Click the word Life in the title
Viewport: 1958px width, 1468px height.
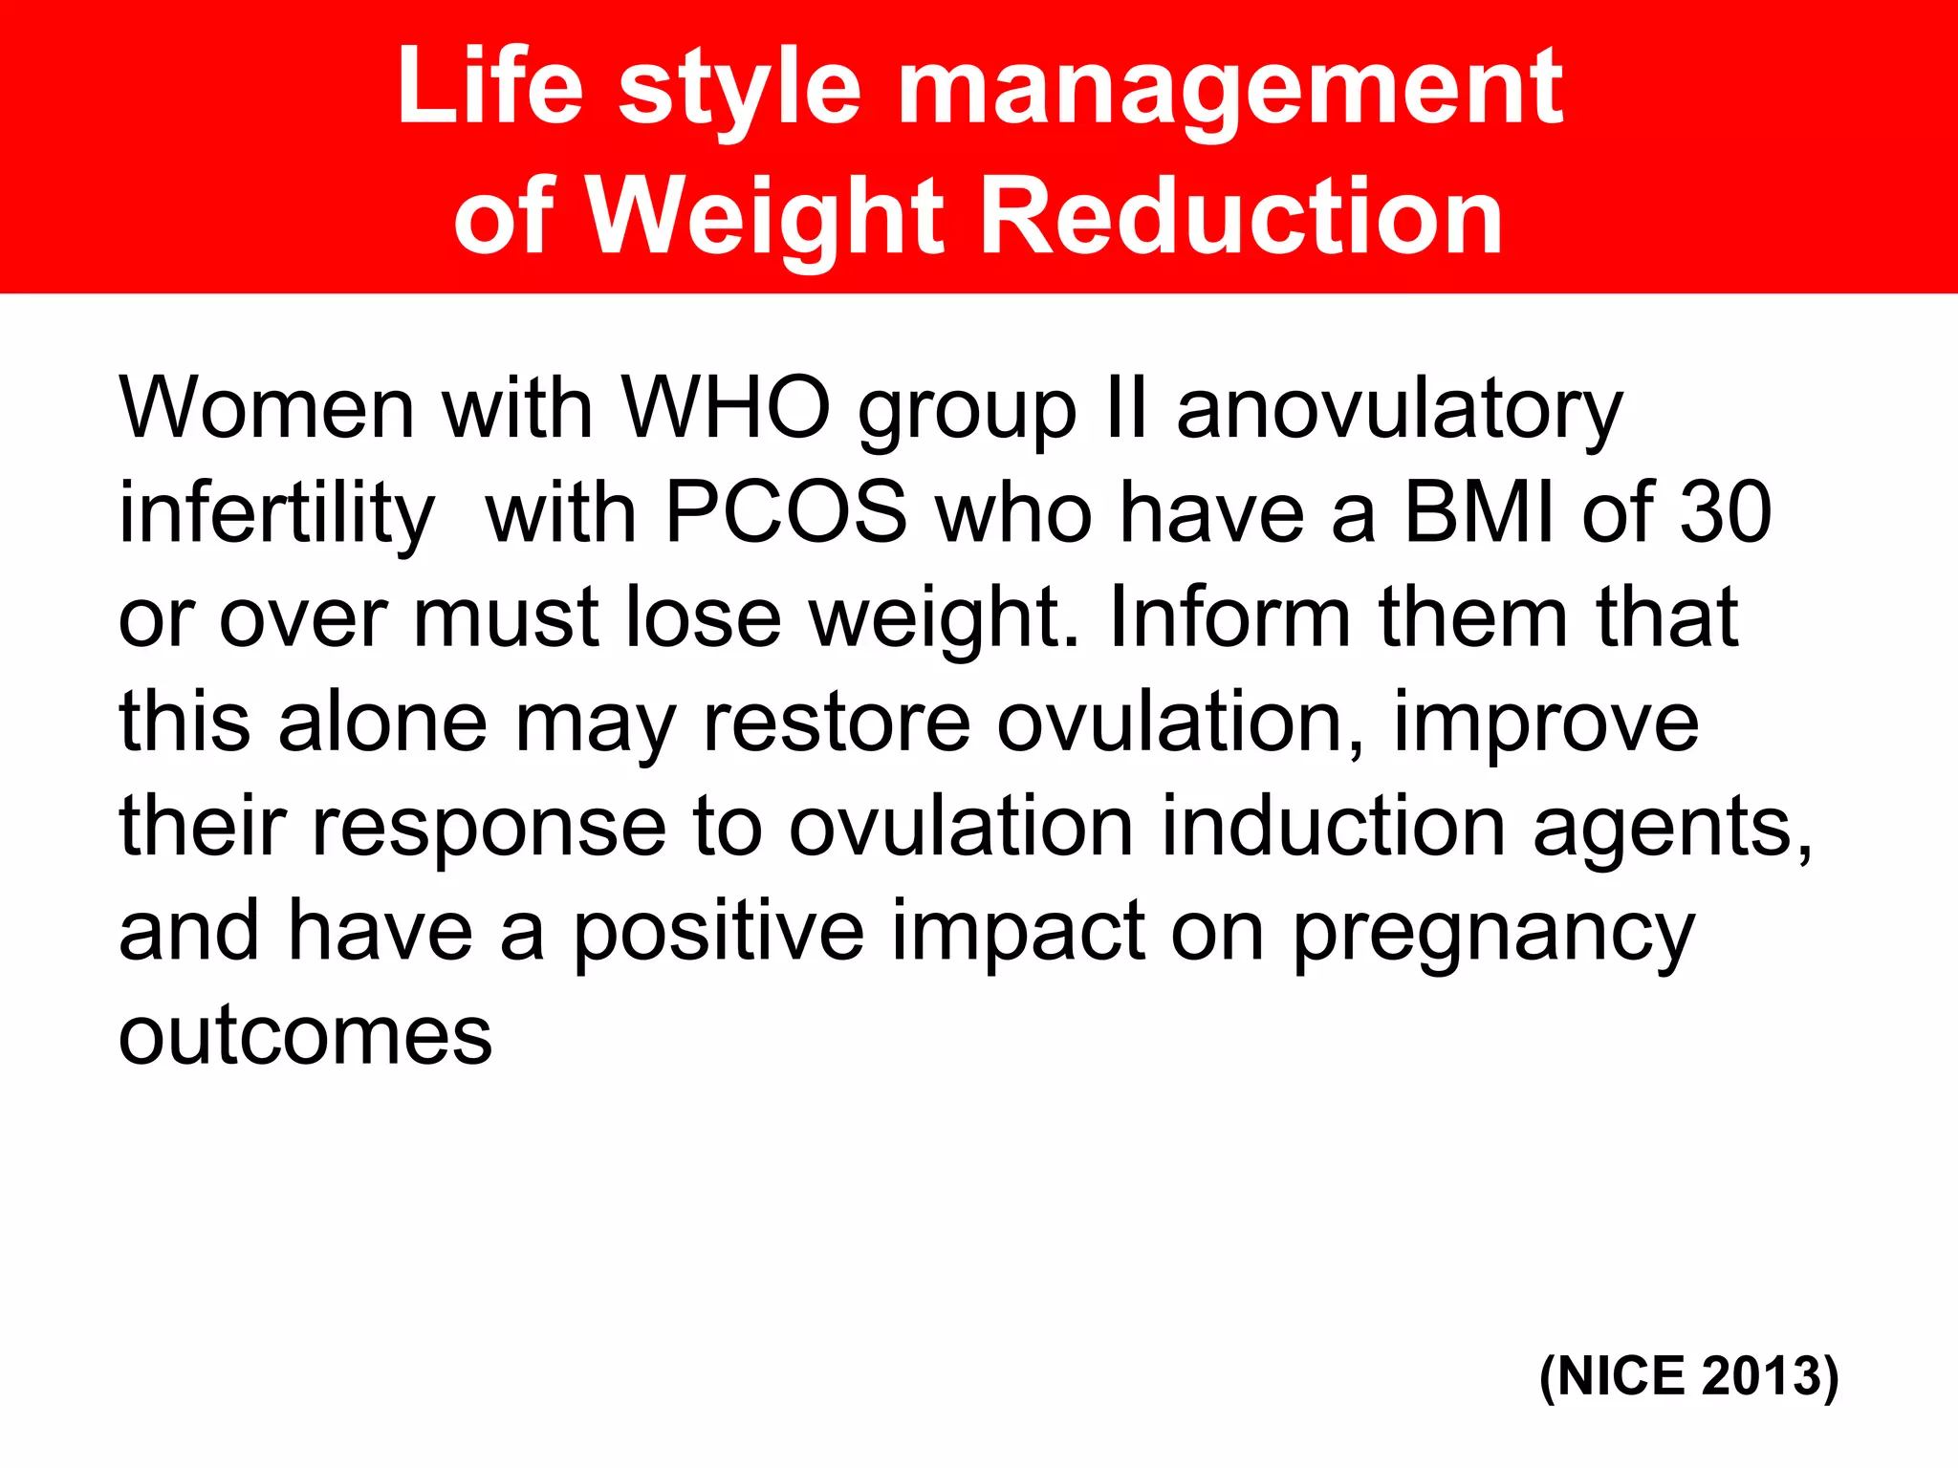489,88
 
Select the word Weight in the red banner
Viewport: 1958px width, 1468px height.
764,218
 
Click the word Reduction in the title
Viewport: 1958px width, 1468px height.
1242,218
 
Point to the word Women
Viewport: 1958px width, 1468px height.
267,409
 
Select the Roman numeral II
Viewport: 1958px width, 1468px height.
1125,409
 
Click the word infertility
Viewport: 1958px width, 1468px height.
276,513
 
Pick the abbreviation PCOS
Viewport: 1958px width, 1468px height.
785,513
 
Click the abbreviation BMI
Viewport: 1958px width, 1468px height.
1479,513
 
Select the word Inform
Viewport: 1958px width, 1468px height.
1230,617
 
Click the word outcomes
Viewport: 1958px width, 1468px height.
305,1036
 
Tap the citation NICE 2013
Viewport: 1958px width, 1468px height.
1688,1377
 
